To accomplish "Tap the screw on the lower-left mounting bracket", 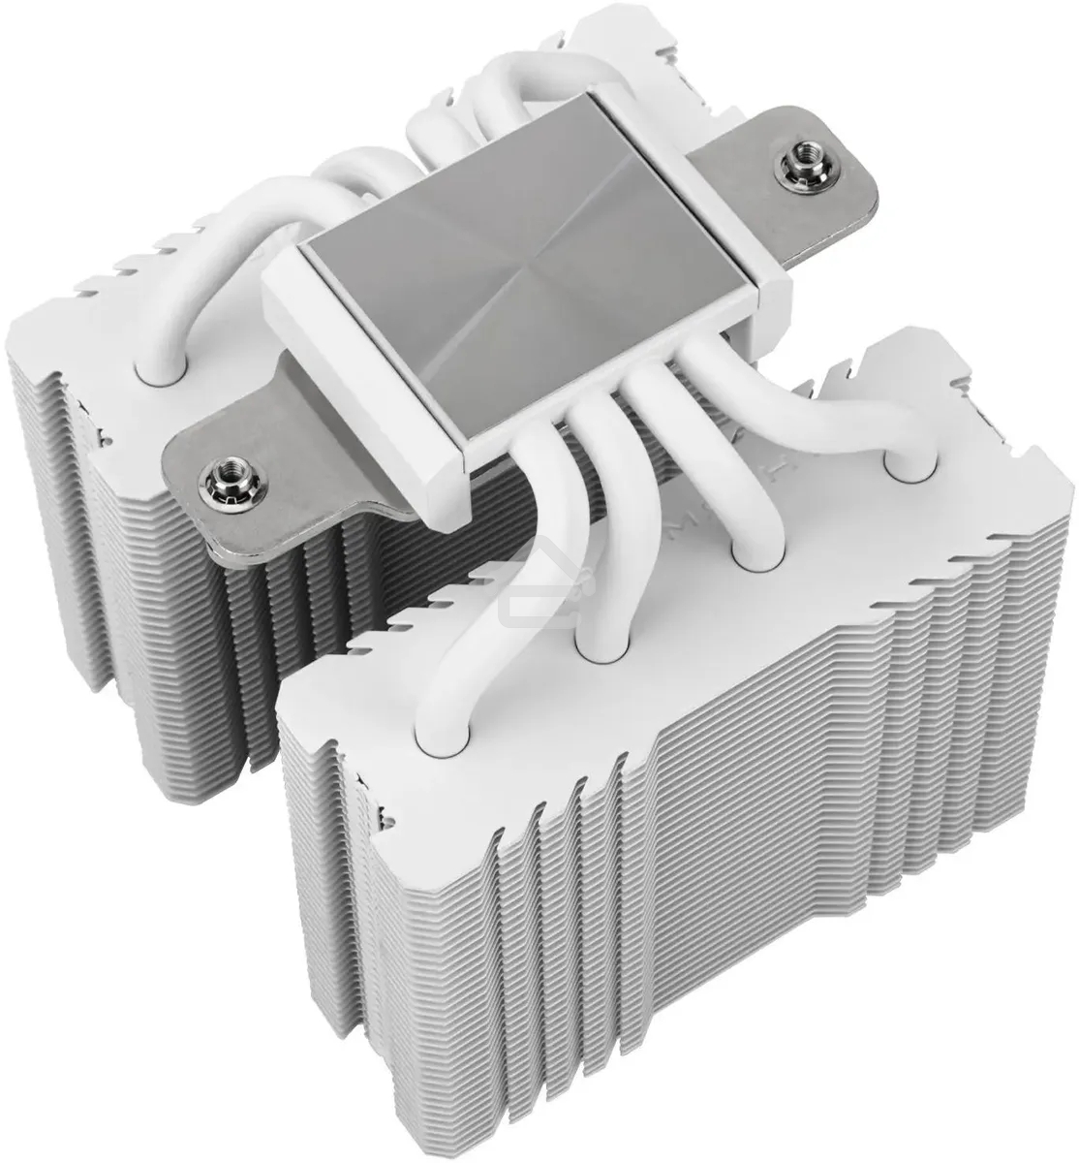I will tap(217, 476).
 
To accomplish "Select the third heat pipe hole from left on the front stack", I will tap(752, 555).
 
